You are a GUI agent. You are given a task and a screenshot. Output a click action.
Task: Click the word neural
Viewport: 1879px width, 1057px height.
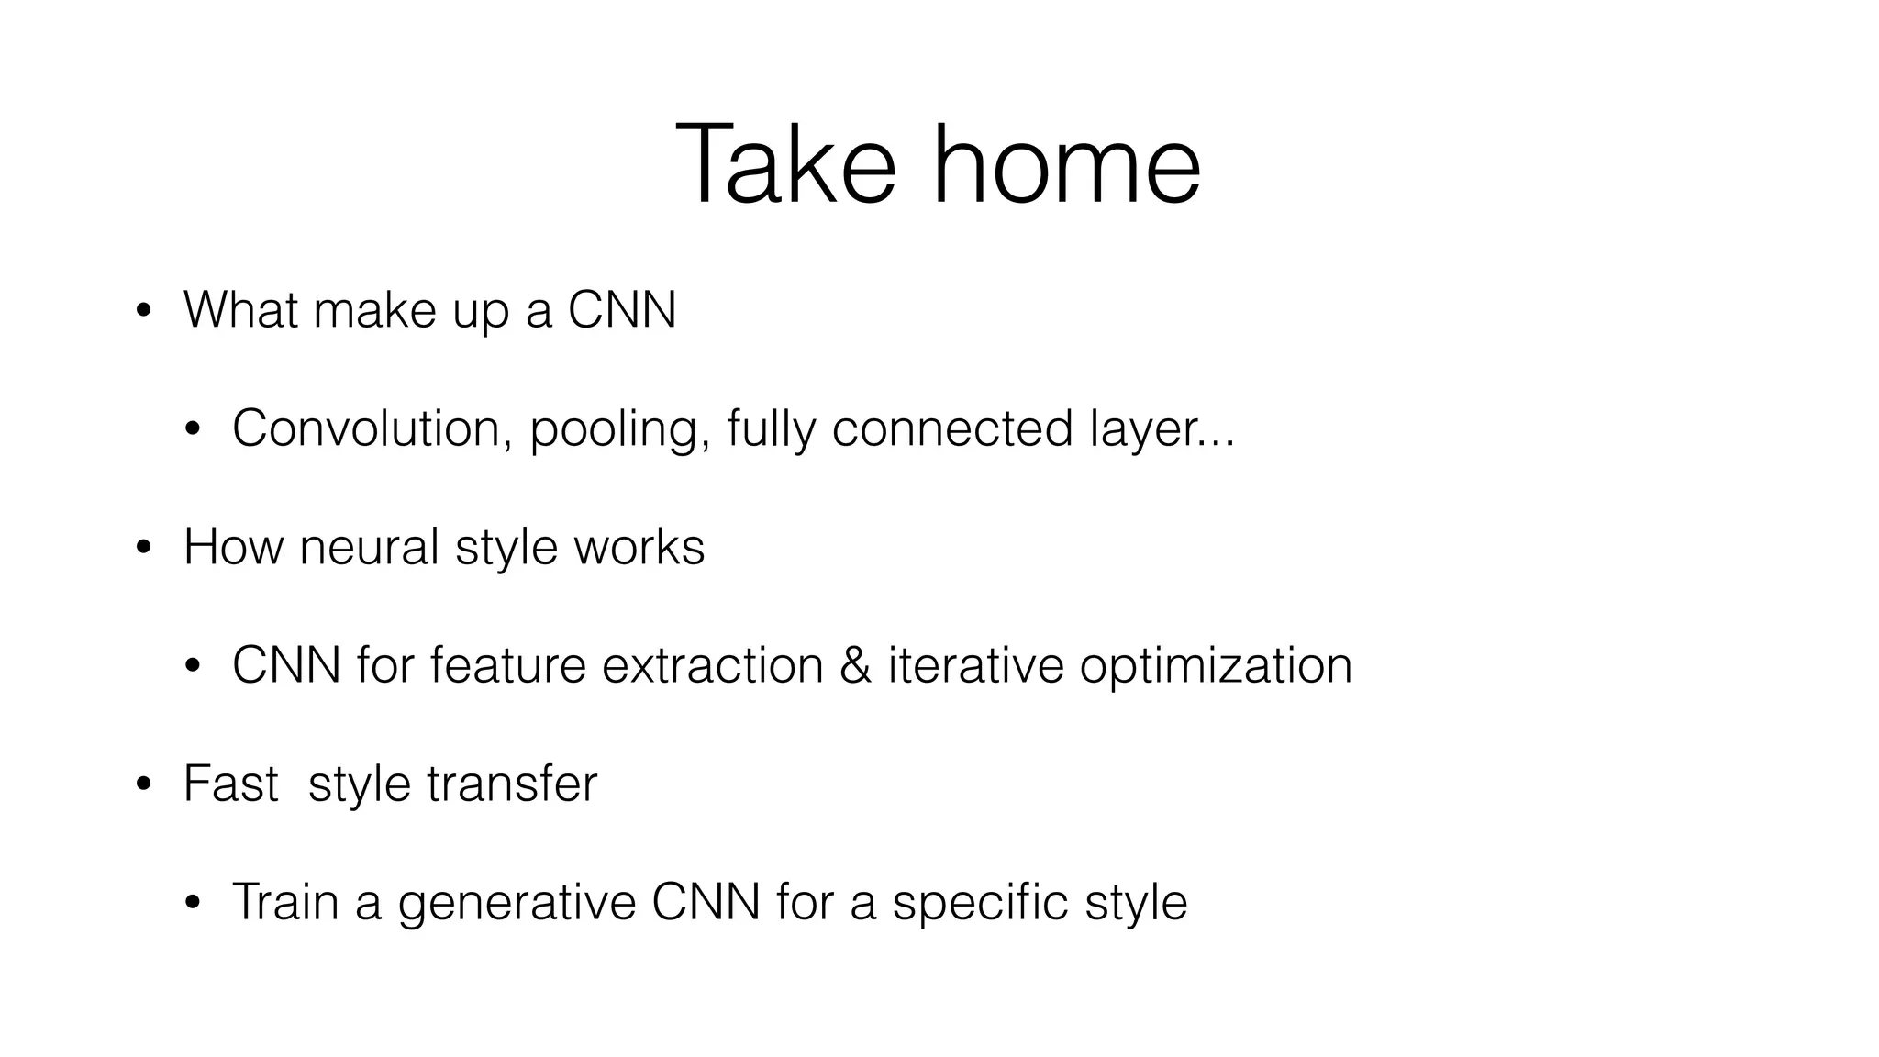point(369,547)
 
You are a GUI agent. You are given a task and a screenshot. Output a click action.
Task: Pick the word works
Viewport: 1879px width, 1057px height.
point(639,547)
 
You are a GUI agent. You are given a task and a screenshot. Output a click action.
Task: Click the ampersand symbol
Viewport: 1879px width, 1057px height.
point(855,665)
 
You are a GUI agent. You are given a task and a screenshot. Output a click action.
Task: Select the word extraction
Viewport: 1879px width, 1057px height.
point(712,665)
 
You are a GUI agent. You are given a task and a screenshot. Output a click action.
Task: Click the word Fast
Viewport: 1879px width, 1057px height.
point(230,784)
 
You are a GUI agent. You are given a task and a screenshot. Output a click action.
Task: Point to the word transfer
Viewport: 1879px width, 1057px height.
point(512,784)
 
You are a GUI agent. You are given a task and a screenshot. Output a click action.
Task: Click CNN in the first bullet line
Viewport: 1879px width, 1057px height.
point(621,310)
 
